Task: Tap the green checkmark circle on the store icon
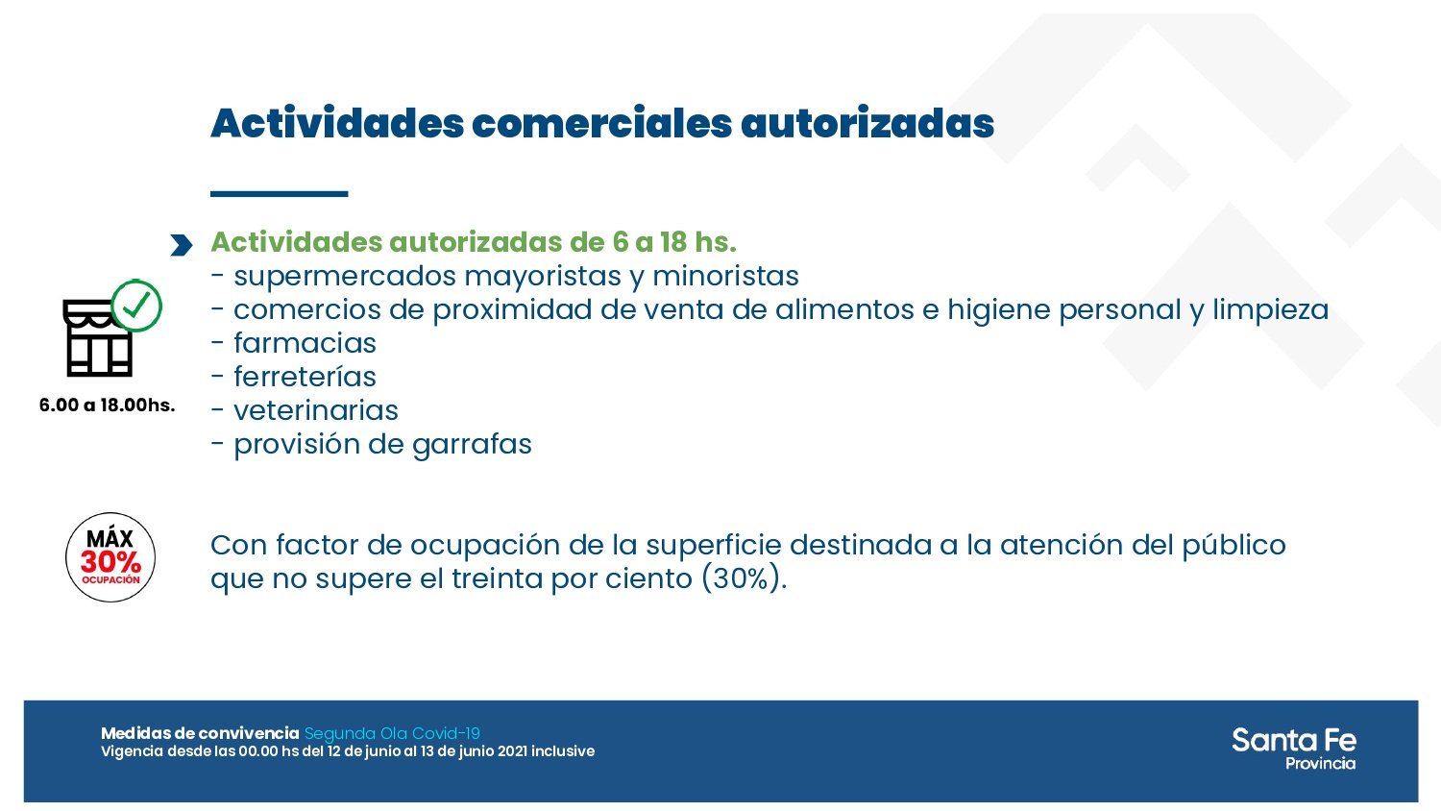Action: point(136,306)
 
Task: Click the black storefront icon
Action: point(96,339)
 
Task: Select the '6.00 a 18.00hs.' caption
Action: point(107,405)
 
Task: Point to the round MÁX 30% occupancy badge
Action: point(110,557)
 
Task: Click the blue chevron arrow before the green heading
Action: point(181,245)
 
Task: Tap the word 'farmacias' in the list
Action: point(305,343)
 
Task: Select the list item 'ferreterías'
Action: point(305,377)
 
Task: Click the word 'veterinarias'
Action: point(315,410)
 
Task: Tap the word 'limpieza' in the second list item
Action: point(1270,309)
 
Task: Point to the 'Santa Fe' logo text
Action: point(1293,740)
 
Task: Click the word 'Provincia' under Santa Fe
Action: point(1320,764)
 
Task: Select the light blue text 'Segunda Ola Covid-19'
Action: point(392,733)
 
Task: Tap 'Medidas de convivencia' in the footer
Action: point(200,733)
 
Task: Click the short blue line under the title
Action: point(279,194)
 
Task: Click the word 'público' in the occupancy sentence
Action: point(1233,546)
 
